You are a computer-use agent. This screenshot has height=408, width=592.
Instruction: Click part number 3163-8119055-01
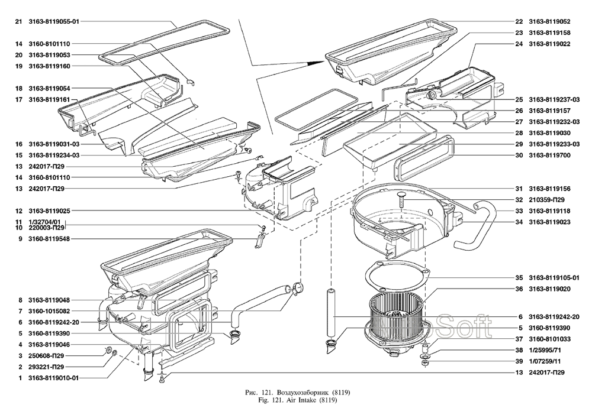(x=54, y=21)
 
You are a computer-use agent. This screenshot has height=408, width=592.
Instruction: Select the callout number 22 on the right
(x=519, y=21)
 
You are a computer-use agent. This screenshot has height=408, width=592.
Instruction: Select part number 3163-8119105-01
(x=554, y=278)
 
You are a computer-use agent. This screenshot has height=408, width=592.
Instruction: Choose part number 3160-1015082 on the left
(x=49, y=311)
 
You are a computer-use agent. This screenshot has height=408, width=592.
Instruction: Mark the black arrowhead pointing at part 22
(x=316, y=63)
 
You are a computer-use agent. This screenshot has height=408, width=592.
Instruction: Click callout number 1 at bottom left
(x=20, y=378)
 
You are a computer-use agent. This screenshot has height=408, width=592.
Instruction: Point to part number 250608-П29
(x=46, y=355)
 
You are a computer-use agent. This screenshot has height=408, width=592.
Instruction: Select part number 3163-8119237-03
(x=554, y=99)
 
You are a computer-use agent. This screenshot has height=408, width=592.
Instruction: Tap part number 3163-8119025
(x=49, y=211)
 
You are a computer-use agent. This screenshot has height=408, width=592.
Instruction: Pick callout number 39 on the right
(x=519, y=361)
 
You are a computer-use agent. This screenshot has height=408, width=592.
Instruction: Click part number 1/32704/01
(x=44, y=222)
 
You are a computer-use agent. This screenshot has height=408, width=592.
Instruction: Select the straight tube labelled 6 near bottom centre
(x=331, y=313)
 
